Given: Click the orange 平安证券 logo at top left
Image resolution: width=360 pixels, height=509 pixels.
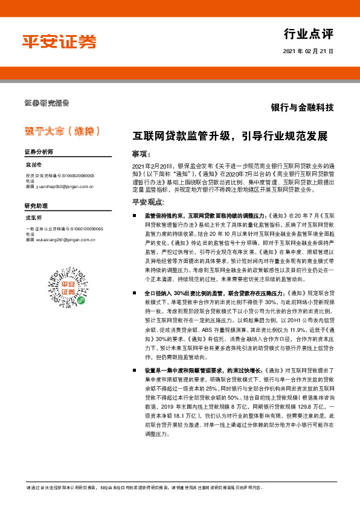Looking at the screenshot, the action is point(59,42).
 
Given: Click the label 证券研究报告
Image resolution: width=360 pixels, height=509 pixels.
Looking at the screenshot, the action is point(47,102).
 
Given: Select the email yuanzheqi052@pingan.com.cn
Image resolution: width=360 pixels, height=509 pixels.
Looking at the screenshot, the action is point(63,187).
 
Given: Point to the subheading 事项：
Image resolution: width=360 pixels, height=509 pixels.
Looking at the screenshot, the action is point(144,154).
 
